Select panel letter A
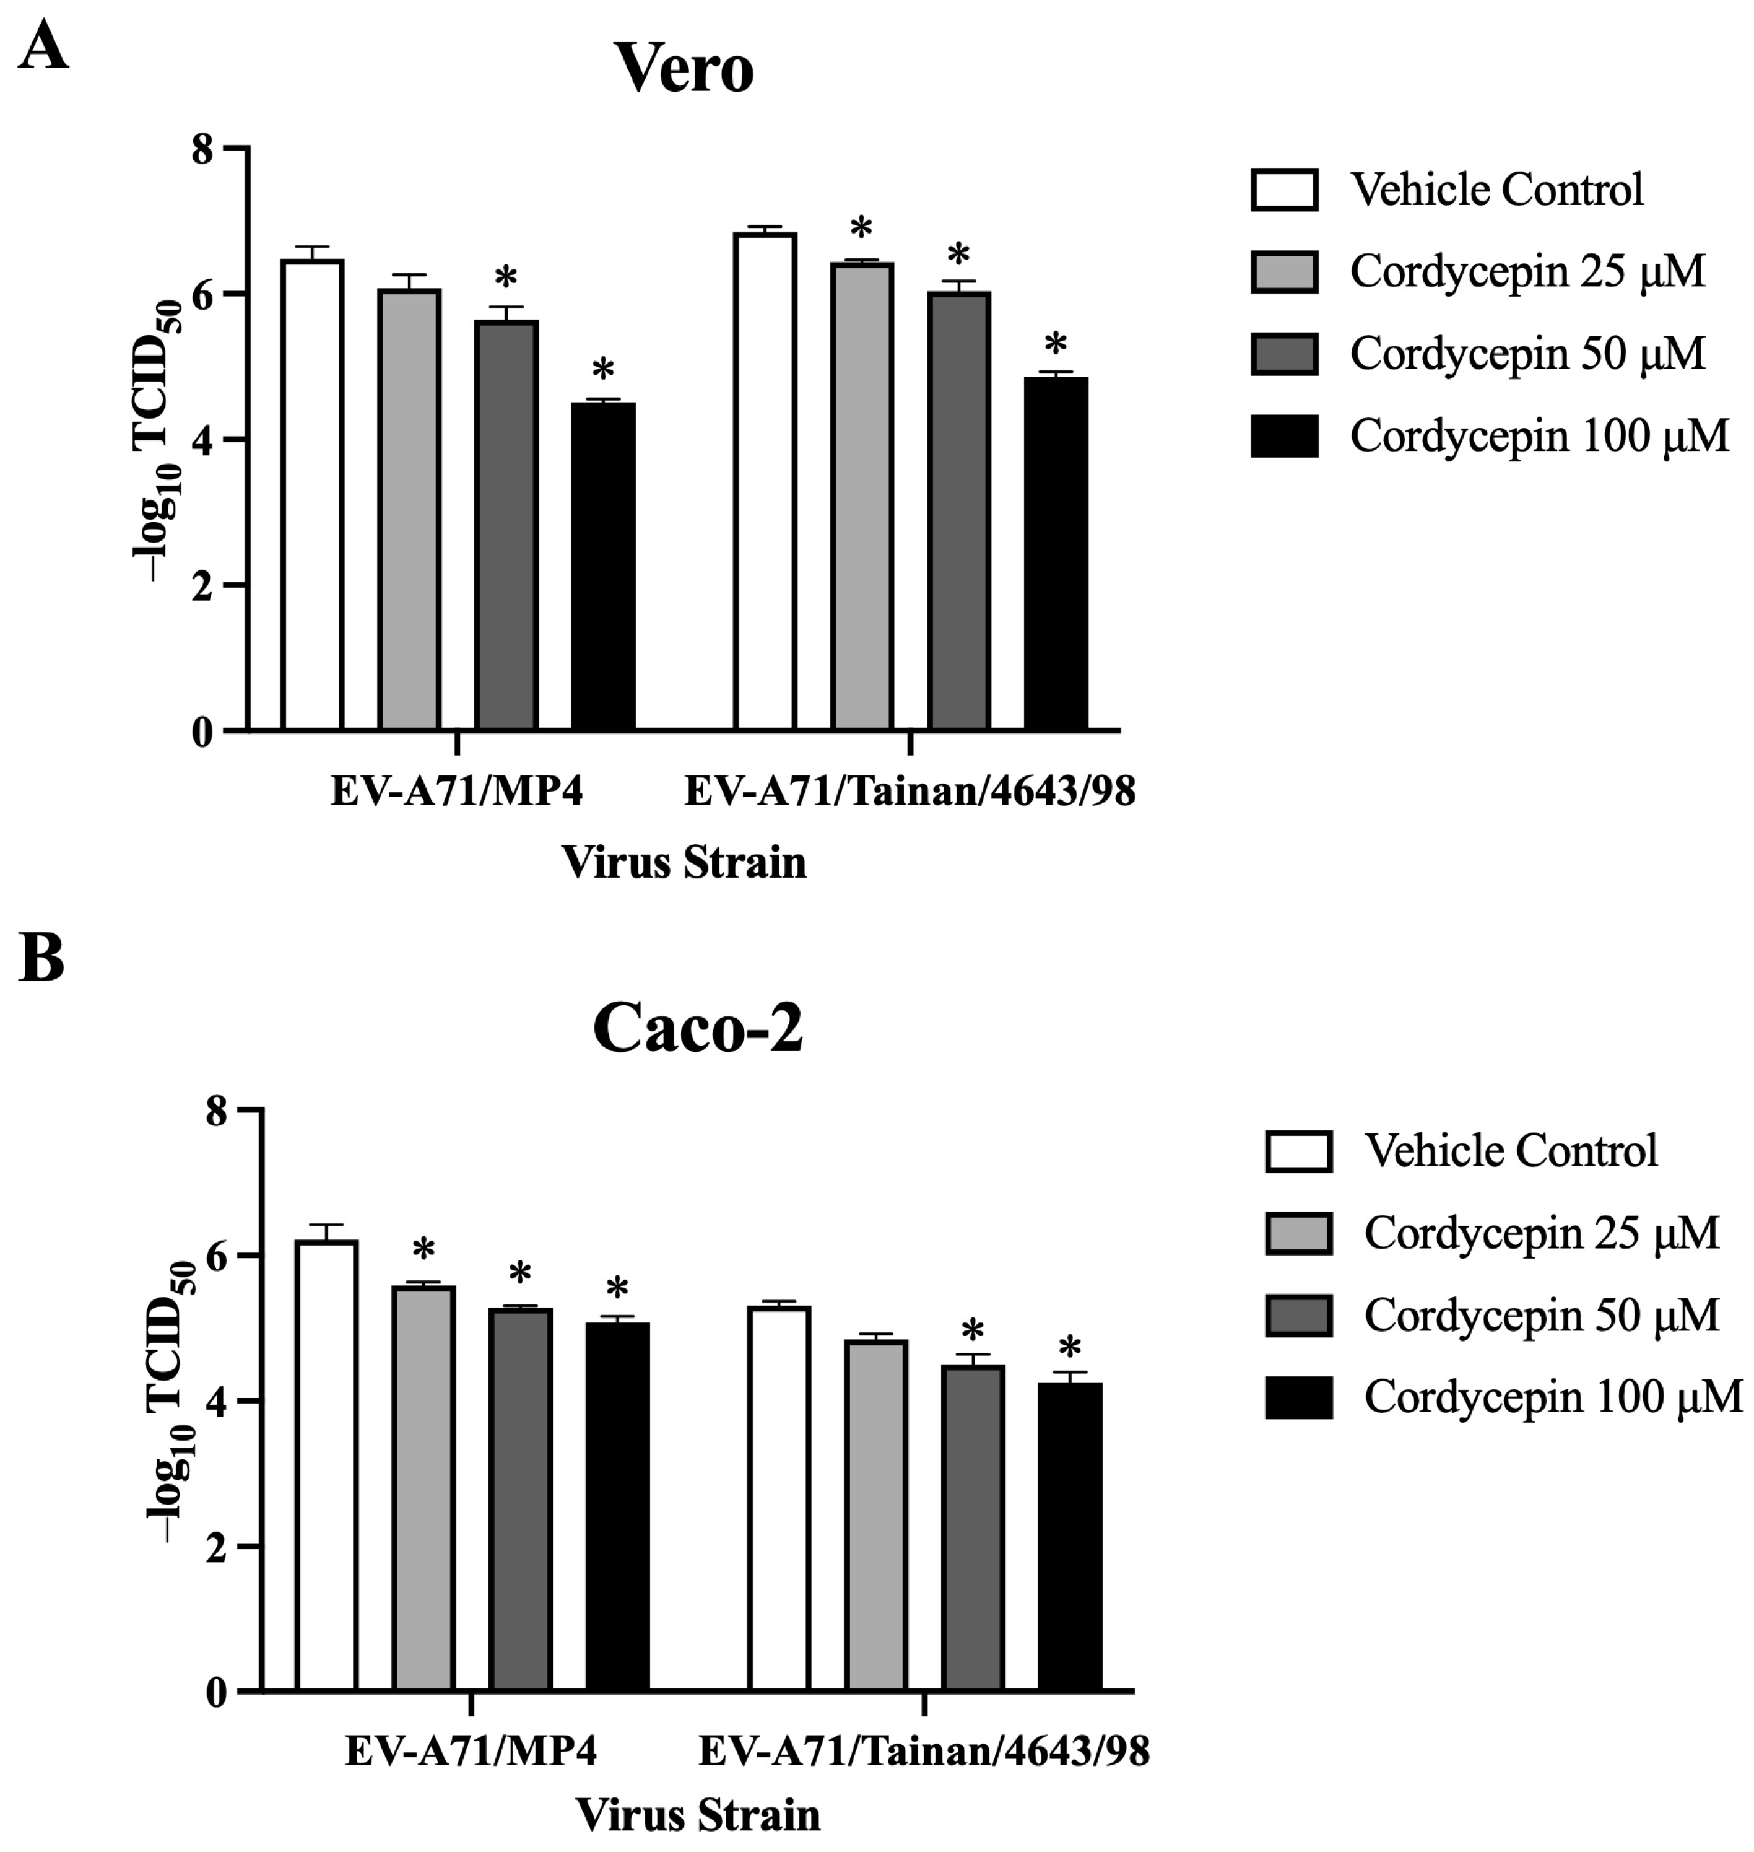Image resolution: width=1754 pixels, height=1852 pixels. tap(42, 47)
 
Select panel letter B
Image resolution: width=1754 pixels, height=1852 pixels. tap(41, 959)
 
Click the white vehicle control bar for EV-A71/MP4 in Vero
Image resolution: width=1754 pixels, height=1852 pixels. tap(312, 496)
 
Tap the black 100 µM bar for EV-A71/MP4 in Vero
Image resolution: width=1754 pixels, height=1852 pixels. tap(603, 567)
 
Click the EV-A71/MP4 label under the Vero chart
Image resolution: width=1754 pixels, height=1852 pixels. tap(456, 792)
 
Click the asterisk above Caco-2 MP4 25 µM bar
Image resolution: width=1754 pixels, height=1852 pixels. tap(423, 1249)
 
